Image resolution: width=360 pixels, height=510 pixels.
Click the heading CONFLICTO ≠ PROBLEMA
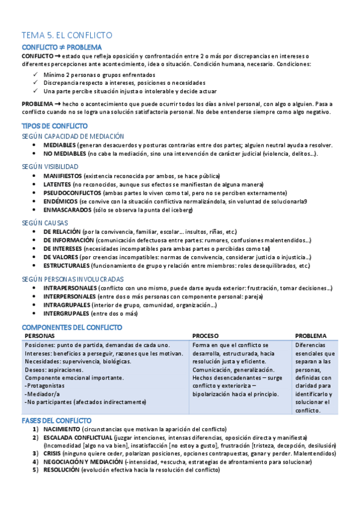point(62,47)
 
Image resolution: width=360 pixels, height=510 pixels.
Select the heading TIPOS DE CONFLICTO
point(55,126)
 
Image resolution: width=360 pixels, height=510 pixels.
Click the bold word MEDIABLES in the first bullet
point(59,146)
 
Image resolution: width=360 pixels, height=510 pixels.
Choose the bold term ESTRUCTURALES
point(68,265)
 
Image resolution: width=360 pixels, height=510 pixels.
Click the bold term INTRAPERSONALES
point(70,288)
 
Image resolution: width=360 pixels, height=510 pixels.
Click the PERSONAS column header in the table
point(39,336)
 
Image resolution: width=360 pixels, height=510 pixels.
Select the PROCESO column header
point(206,336)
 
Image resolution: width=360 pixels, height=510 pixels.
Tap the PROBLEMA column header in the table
point(311,336)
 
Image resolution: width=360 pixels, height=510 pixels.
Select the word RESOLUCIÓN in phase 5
point(62,470)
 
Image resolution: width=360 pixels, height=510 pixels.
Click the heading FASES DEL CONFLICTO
point(56,420)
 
